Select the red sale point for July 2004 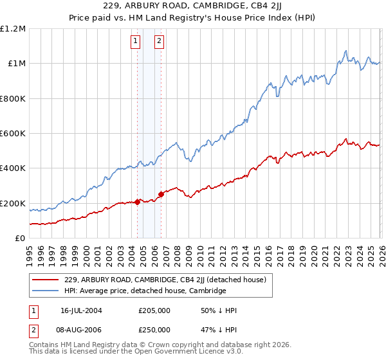click(138, 203)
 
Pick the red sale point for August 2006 click(161, 195)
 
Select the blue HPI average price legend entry click(145, 291)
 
